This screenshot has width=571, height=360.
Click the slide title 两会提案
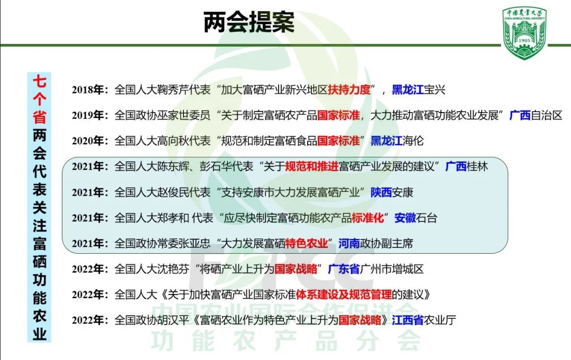coord(248,23)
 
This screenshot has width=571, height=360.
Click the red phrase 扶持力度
coord(349,90)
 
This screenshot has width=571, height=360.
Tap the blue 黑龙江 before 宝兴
coord(408,90)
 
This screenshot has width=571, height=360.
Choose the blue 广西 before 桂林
coord(456,167)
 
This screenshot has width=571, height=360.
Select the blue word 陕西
coord(381,192)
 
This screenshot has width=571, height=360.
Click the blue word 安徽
coord(405,218)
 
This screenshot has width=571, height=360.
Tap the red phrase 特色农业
coord(307,244)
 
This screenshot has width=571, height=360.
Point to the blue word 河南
coord(349,244)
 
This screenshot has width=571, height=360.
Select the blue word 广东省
coord(344,269)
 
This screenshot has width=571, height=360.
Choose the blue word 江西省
coord(408,320)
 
